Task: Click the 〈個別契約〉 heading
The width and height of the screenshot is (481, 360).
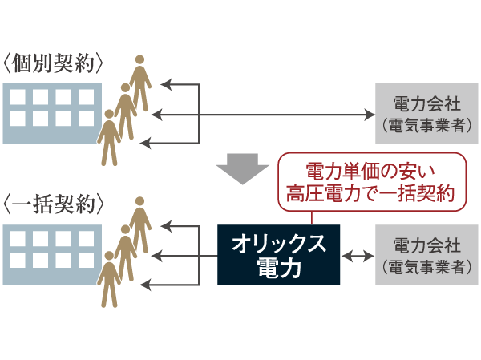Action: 55,64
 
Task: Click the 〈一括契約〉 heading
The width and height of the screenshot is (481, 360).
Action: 55,204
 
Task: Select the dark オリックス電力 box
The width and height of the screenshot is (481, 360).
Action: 278,255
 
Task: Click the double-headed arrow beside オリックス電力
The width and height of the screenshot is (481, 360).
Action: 358,257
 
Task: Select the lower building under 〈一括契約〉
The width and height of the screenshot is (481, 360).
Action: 51,253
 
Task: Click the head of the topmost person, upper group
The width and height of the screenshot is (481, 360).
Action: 140,60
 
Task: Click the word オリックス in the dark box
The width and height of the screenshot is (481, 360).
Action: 278,243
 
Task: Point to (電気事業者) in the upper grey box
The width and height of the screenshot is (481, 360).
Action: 426,126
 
